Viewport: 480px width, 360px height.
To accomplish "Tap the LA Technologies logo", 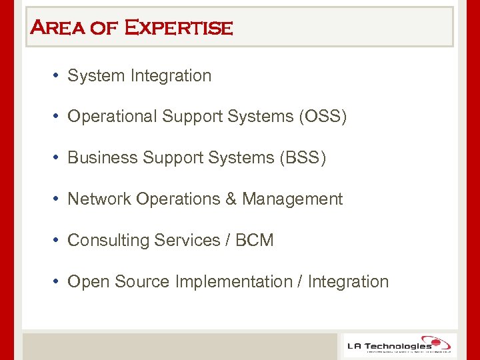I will tap(399, 345).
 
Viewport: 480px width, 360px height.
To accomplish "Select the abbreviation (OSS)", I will tap(323, 117).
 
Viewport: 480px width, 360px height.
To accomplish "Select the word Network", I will tap(99, 199).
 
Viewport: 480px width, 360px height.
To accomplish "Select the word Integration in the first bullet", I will tap(171, 76).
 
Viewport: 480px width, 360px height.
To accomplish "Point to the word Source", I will tap(142, 281).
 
